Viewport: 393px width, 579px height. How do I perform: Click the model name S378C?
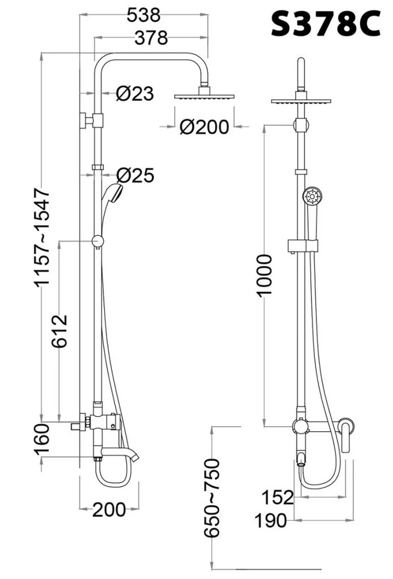pyautogui.click(x=326, y=24)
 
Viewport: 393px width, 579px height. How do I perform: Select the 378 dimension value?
pyautogui.click(x=151, y=38)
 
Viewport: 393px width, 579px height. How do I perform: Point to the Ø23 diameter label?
pyautogui.click(x=135, y=93)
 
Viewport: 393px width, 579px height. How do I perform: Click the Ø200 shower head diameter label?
pyautogui.click(x=204, y=127)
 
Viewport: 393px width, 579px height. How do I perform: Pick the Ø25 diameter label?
pyautogui.click(x=135, y=175)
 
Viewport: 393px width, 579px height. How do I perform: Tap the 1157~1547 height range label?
pyautogui.click(x=42, y=238)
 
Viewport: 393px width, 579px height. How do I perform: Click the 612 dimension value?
pyautogui.click(x=59, y=331)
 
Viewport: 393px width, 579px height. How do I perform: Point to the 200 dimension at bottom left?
pyautogui.click(x=109, y=510)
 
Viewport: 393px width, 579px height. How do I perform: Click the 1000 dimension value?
pyautogui.click(x=264, y=275)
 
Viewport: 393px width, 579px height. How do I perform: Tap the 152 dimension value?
pyautogui.click(x=278, y=497)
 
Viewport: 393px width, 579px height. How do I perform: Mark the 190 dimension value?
pyautogui.click(x=271, y=520)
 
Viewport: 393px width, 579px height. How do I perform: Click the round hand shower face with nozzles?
pyautogui.click(x=313, y=196)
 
